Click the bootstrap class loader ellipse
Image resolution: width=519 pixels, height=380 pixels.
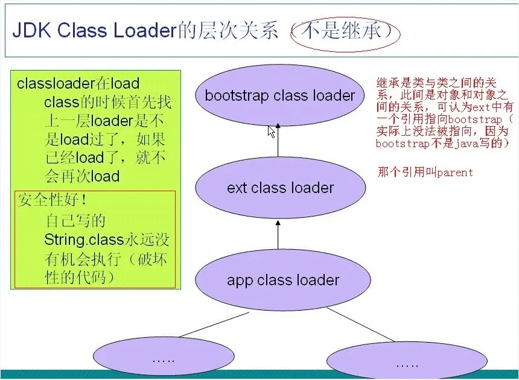pos(280,95)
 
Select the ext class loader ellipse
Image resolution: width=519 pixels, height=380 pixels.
pos(280,188)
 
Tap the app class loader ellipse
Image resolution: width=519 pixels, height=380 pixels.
pos(282,280)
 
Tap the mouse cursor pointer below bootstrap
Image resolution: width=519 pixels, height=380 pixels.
pos(272,131)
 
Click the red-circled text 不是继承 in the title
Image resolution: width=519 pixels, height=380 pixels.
pos(345,31)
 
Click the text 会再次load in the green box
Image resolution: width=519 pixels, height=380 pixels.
pos(81,176)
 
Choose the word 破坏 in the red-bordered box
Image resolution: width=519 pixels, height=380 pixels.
pos(149,259)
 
